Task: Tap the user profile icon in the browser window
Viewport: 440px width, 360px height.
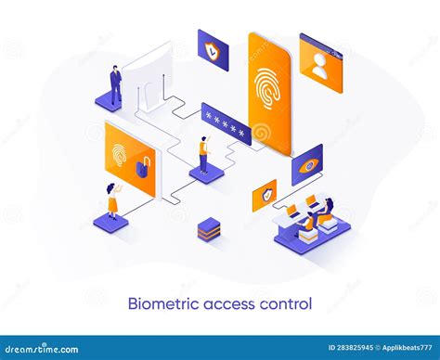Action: pos(320,64)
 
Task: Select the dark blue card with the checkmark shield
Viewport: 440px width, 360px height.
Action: pos(213,51)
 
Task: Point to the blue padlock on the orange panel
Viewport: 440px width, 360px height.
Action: pos(143,167)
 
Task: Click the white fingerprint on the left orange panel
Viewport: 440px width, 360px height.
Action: pos(120,153)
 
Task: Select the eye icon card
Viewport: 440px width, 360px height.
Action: pos(306,164)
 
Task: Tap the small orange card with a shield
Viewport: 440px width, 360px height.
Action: pos(265,195)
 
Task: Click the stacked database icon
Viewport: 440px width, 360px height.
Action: pos(209,228)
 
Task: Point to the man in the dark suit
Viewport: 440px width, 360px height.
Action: pos(115,85)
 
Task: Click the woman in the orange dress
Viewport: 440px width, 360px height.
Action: pos(112,199)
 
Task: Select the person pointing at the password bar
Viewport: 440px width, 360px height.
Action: pos(203,154)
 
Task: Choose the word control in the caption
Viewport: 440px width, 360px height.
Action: pos(287,303)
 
